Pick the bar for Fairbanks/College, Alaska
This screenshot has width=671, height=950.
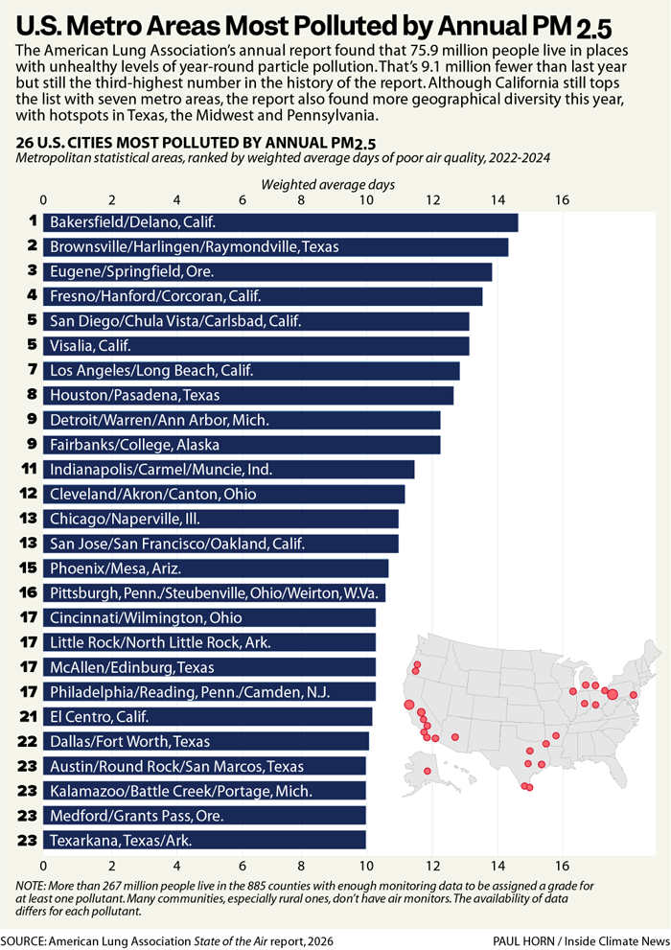click(x=241, y=445)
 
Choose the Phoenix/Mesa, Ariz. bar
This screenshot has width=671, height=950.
click(x=215, y=568)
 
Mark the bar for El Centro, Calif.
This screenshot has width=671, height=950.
click(x=207, y=716)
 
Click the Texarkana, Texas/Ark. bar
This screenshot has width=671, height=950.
click(x=204, y=840)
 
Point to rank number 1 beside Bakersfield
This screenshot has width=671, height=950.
click(x=32, y=222)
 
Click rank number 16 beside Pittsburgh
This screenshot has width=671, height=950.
click(x=28, y=592)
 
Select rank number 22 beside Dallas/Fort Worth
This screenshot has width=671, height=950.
click(x=28, y=741)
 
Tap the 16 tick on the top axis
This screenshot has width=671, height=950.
click(x=562, y=200)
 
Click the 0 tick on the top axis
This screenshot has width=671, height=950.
click(x=44, y=200)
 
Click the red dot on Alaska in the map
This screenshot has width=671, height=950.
click(x=428, y=770)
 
